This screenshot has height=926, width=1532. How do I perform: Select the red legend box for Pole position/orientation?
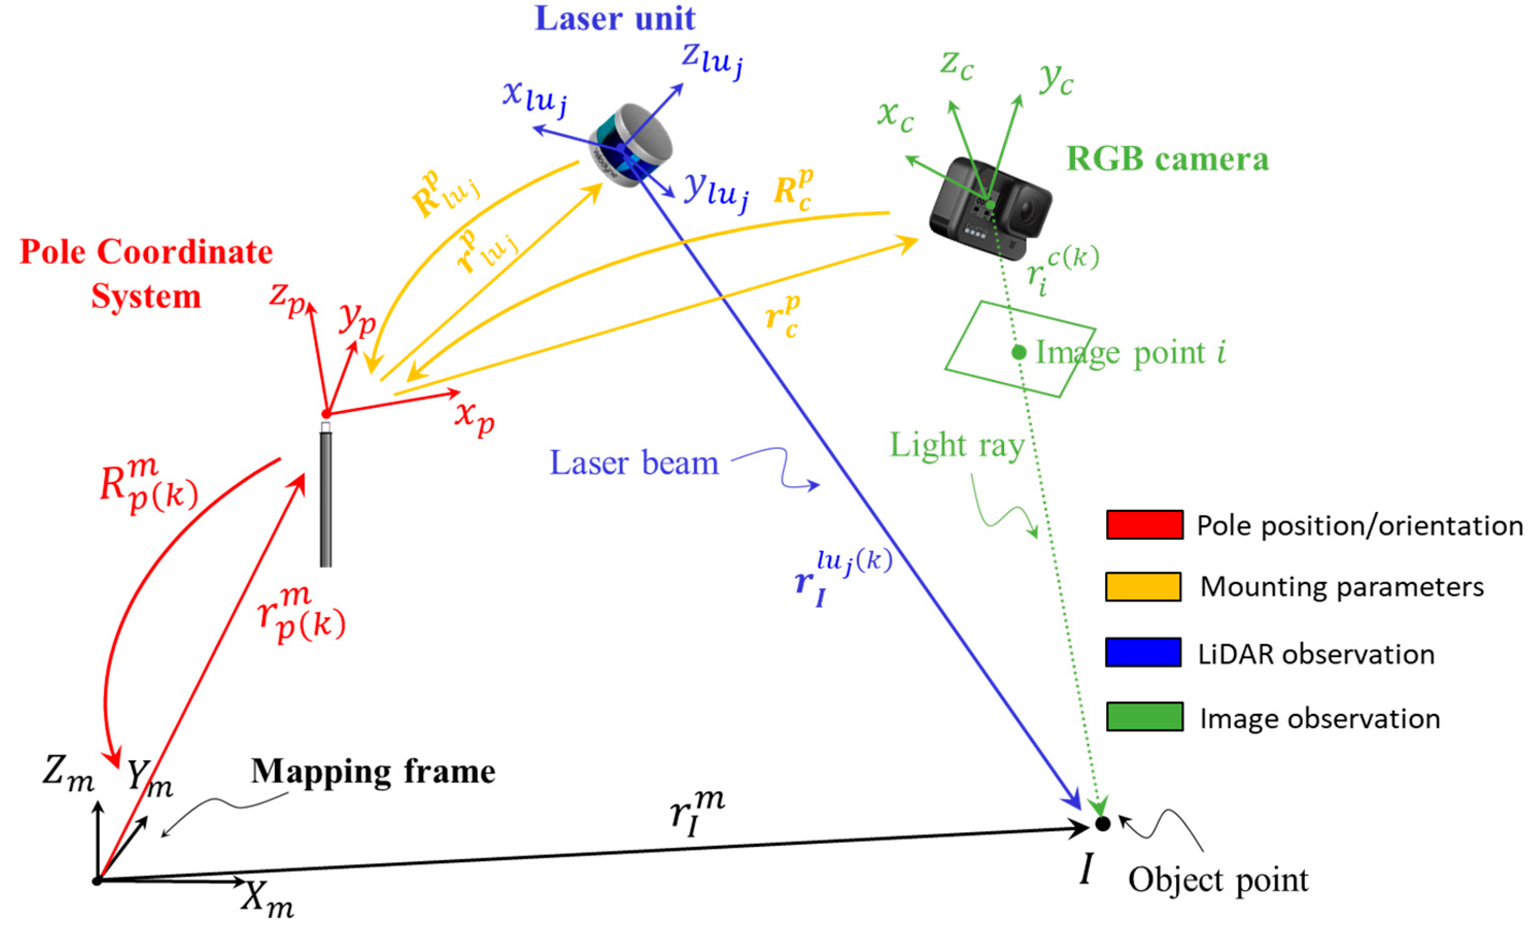1144,524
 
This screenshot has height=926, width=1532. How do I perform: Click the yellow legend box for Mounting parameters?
1143,587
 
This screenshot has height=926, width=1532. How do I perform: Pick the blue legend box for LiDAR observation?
1143,653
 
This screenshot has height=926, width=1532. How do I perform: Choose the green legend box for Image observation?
1144,716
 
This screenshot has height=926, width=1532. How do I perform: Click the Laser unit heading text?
614,19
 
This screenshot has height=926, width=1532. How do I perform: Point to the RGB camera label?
1167,159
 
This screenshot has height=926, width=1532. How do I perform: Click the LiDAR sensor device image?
631,144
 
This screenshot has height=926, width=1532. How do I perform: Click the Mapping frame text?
373,772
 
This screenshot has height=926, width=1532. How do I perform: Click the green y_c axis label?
1056,80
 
